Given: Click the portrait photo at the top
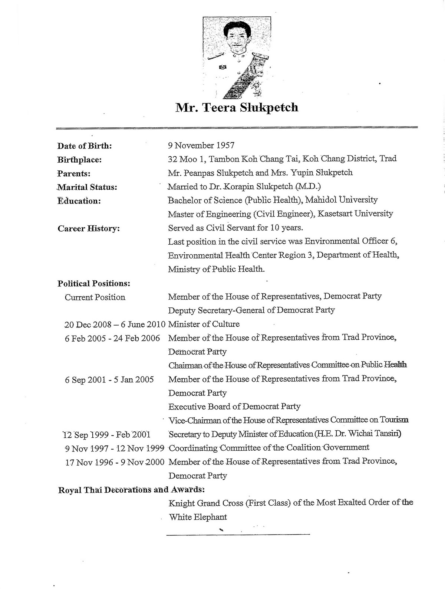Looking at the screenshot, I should pos(237,58).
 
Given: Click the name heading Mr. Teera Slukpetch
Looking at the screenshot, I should pos(237,108).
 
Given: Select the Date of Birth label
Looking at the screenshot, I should pos(85,146).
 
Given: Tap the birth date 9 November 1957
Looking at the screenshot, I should pos(201,145).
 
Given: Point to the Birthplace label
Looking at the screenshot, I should pos(79,160).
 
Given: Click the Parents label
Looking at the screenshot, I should pos(74,174).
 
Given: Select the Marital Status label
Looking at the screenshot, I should pos(87,187).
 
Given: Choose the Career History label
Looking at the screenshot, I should pos(89,228).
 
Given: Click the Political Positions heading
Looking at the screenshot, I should pos(94,284).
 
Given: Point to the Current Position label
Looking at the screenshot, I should pos(95,297).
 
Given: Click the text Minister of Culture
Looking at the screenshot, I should pos(204,324).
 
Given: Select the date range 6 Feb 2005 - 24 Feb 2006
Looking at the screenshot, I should pos(112,338).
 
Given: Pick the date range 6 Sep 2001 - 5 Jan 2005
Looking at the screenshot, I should pos(109,380).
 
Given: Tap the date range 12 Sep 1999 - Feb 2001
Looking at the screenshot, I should pos(107,434).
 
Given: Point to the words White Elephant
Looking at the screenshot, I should pos(198,517).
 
